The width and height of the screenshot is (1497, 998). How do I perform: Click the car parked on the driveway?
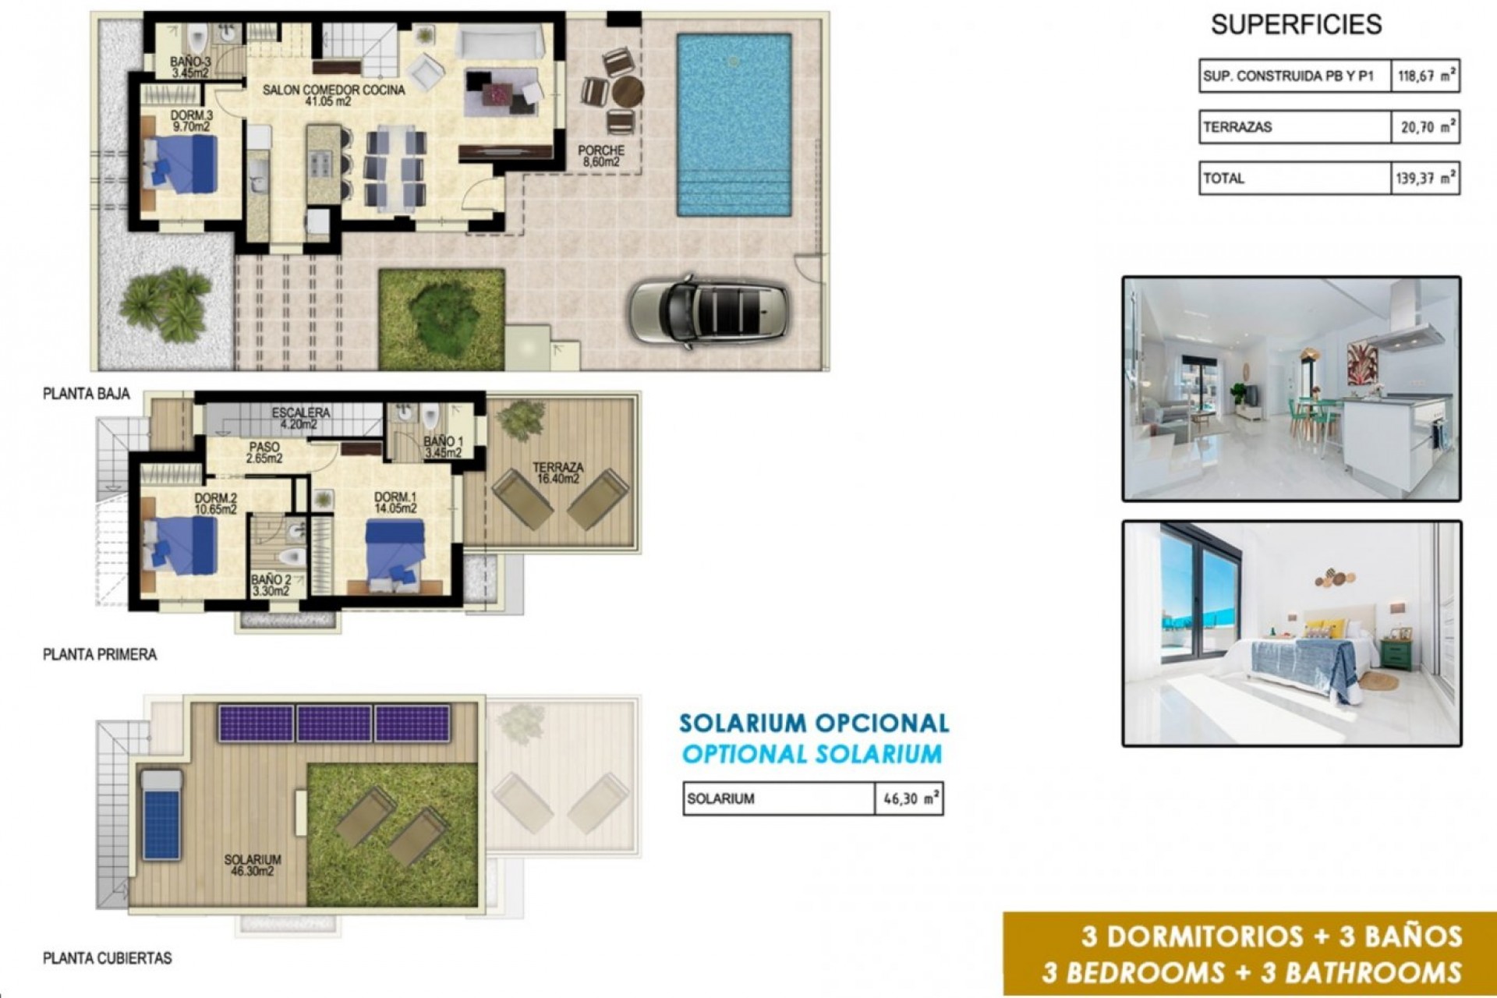(709, 310)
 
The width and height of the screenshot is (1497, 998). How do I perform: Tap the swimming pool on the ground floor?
(734, 125)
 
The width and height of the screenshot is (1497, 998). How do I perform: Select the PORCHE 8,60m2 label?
(601, 156)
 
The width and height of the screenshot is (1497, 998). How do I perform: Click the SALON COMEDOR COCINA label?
(334, 95)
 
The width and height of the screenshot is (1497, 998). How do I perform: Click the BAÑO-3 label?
(190, 67)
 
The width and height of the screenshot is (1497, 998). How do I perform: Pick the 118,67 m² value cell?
(1424, 76)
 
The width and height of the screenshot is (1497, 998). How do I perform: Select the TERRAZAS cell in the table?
(1294, 127)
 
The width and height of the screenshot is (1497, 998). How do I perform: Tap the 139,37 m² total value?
(1424, 179)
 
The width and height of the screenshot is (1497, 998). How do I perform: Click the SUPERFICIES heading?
(1296, 25)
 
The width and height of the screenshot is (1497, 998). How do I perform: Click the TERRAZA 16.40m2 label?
(557, 472)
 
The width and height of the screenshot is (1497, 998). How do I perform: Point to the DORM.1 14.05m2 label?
(395, 502)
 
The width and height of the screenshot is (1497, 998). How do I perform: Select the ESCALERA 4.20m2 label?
(301, 418)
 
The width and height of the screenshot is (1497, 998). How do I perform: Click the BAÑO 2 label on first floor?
(271, 585)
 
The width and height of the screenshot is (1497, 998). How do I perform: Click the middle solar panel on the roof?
(334, 723)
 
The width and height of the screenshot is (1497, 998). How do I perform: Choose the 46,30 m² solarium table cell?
(909, 799)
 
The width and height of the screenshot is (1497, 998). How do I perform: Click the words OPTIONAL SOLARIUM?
(812, 754)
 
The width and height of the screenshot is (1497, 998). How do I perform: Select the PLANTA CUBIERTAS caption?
(108, 958)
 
